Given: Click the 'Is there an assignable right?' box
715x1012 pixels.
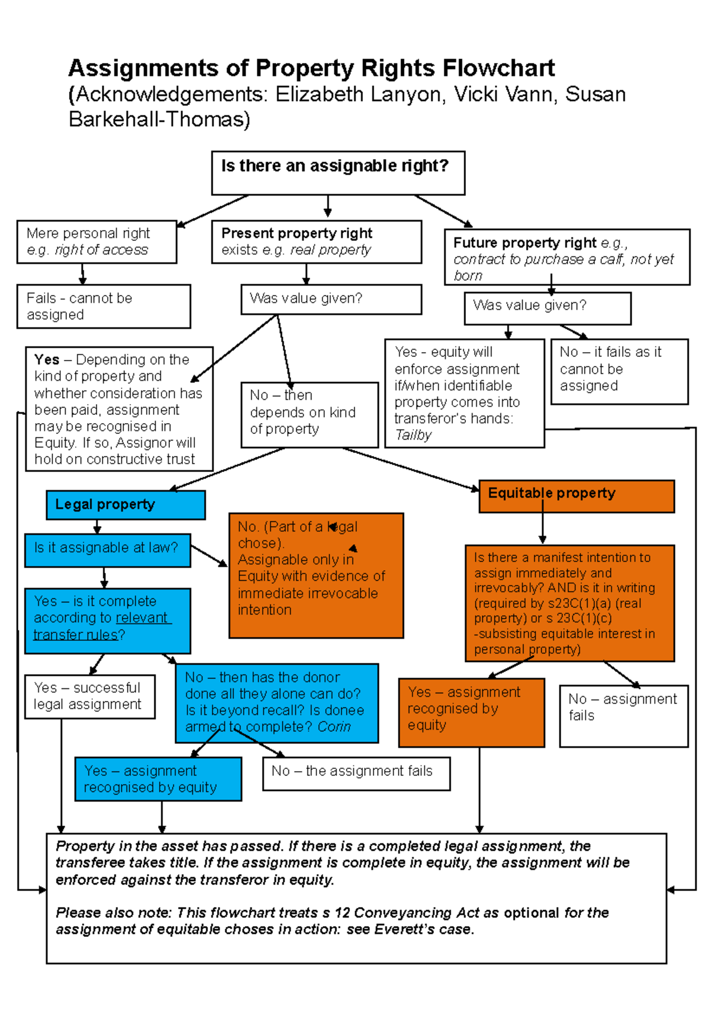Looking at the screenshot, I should pyautogui.click(x=338, y=173).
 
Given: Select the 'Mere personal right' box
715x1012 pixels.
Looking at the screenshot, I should pyautogui.click(x=97, y=242).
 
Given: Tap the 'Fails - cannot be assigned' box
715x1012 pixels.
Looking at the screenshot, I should pyautogui.click(x=104, y=306).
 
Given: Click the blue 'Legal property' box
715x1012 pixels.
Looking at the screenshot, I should pyautogui.click(x=126, y=505).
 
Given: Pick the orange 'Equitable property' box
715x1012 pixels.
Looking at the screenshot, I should pyautogui.click(x=576, y=496).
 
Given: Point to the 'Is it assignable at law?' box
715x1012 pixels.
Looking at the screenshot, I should pyautogui.click(x=107, y=550).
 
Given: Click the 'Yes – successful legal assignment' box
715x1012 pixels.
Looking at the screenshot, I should pyautogui.click(x=89, y=696).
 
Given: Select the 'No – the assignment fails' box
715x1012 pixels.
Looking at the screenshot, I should pyautogui.click(x=356, y=773).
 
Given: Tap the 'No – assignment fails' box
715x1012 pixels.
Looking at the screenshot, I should pyautogui.click(x=623, y=715).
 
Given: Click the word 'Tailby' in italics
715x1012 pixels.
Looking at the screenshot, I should pyautogui.click(x=413, y=436).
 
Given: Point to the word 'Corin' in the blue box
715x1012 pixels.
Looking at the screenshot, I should pyautogui.click(x=334, y=727).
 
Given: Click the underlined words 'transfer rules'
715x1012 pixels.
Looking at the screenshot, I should pyautogui.click(x=76, y=635).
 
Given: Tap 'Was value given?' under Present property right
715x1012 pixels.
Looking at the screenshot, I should pyautogui.click(x=331, y=299).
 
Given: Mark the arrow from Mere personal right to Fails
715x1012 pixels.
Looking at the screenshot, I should pyautogui.click(x=83, y=274).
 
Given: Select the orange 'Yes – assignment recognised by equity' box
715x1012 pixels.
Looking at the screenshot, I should pyautogui.click(x=471, y=712).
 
